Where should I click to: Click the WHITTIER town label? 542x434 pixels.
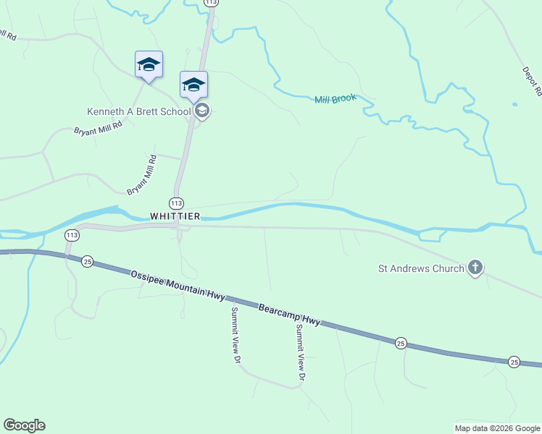click(174, 216)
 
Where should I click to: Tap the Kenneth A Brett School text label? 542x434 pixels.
click(138, 111)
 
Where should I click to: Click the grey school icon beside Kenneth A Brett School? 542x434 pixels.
click(202, 111)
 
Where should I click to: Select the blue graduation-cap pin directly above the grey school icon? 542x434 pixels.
click(193, 85)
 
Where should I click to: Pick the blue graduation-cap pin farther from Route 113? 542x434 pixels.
click(149, 64)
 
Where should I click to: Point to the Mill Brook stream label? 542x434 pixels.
click(335, 98)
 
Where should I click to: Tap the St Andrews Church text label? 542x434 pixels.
click(421, 269)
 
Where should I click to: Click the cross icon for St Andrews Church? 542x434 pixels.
click(475, 268)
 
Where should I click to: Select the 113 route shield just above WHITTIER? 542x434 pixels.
click(176, 203)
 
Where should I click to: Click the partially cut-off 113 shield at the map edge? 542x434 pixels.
click(212, 3)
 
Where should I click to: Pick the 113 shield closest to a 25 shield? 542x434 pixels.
click(71, 235)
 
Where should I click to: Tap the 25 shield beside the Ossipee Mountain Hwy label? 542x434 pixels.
click(88, 261)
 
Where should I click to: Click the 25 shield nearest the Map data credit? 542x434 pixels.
click(514, 362)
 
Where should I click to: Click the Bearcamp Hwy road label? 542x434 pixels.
click(290, 314)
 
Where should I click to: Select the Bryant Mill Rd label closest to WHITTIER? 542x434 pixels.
click(142, 175)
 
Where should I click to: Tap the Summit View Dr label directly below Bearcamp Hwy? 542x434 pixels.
click(300, 352)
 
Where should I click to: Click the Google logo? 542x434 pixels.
click(24, 425)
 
